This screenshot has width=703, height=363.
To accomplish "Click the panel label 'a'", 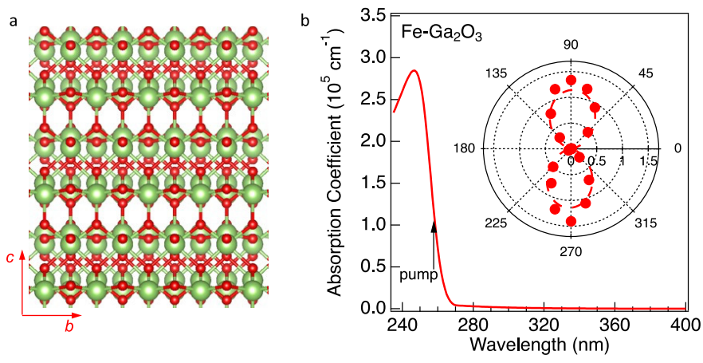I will pyautogui.click(x=13, y=22).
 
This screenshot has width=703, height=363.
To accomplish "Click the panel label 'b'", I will pyautogui.click(x=304, y=22).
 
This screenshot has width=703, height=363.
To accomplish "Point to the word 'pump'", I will pyautogui.click(x=418, y=275).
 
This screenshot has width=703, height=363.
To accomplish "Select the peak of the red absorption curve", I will pyautogui.click(x=414, y=71).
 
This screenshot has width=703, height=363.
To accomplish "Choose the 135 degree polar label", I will pyautogui.click(x=496, y=73).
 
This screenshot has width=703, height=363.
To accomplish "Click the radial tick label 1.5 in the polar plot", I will pyautogui.click(x=648, y=161).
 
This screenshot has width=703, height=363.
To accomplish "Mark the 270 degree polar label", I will pyautogui.click(x=571, y=251).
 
